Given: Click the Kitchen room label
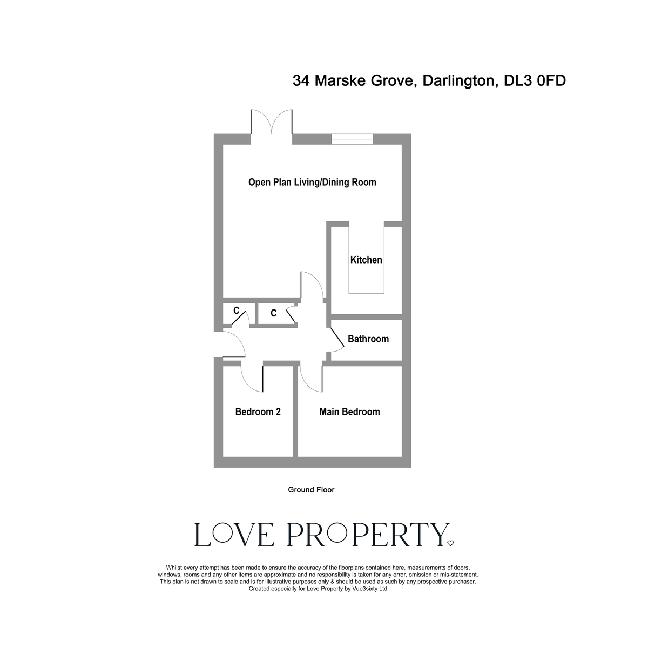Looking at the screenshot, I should pos(366,260).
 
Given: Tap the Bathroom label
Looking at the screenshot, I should pos(368,339).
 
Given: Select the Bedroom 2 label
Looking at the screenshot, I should pos(258,412).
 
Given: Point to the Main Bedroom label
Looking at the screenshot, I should pos(349,412).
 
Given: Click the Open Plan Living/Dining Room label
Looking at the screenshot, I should pos(312,182).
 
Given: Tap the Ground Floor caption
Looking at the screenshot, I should pos(311,490).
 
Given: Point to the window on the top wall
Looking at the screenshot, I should pos(352,139).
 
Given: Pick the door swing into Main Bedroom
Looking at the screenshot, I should pos(311,378).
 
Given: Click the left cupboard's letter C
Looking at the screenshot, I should pos(236,311).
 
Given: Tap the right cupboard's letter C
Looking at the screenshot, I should pos(273,313).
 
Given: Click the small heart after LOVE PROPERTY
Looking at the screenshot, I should pos(451,543).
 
